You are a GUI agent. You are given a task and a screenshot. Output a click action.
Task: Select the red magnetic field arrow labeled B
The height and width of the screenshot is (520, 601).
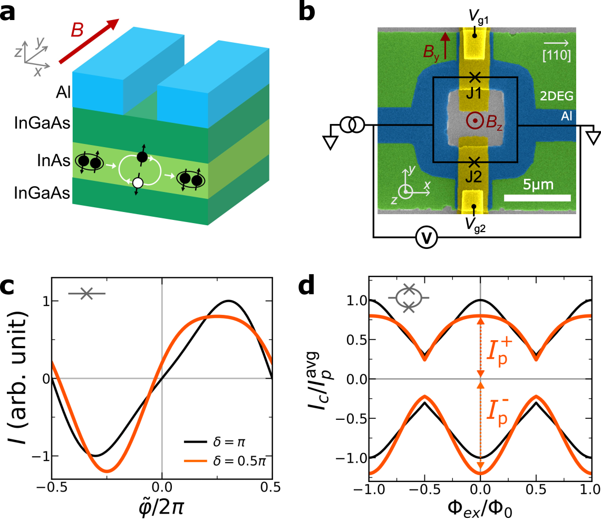88,41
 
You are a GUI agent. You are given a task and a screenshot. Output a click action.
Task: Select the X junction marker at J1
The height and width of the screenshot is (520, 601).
474,77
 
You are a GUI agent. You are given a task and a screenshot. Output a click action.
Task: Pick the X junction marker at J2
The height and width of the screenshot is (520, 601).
474,161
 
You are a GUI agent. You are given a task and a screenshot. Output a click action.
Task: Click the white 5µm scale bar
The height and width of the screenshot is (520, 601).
537,198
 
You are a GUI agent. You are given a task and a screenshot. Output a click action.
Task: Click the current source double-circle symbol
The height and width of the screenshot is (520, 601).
352,125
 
